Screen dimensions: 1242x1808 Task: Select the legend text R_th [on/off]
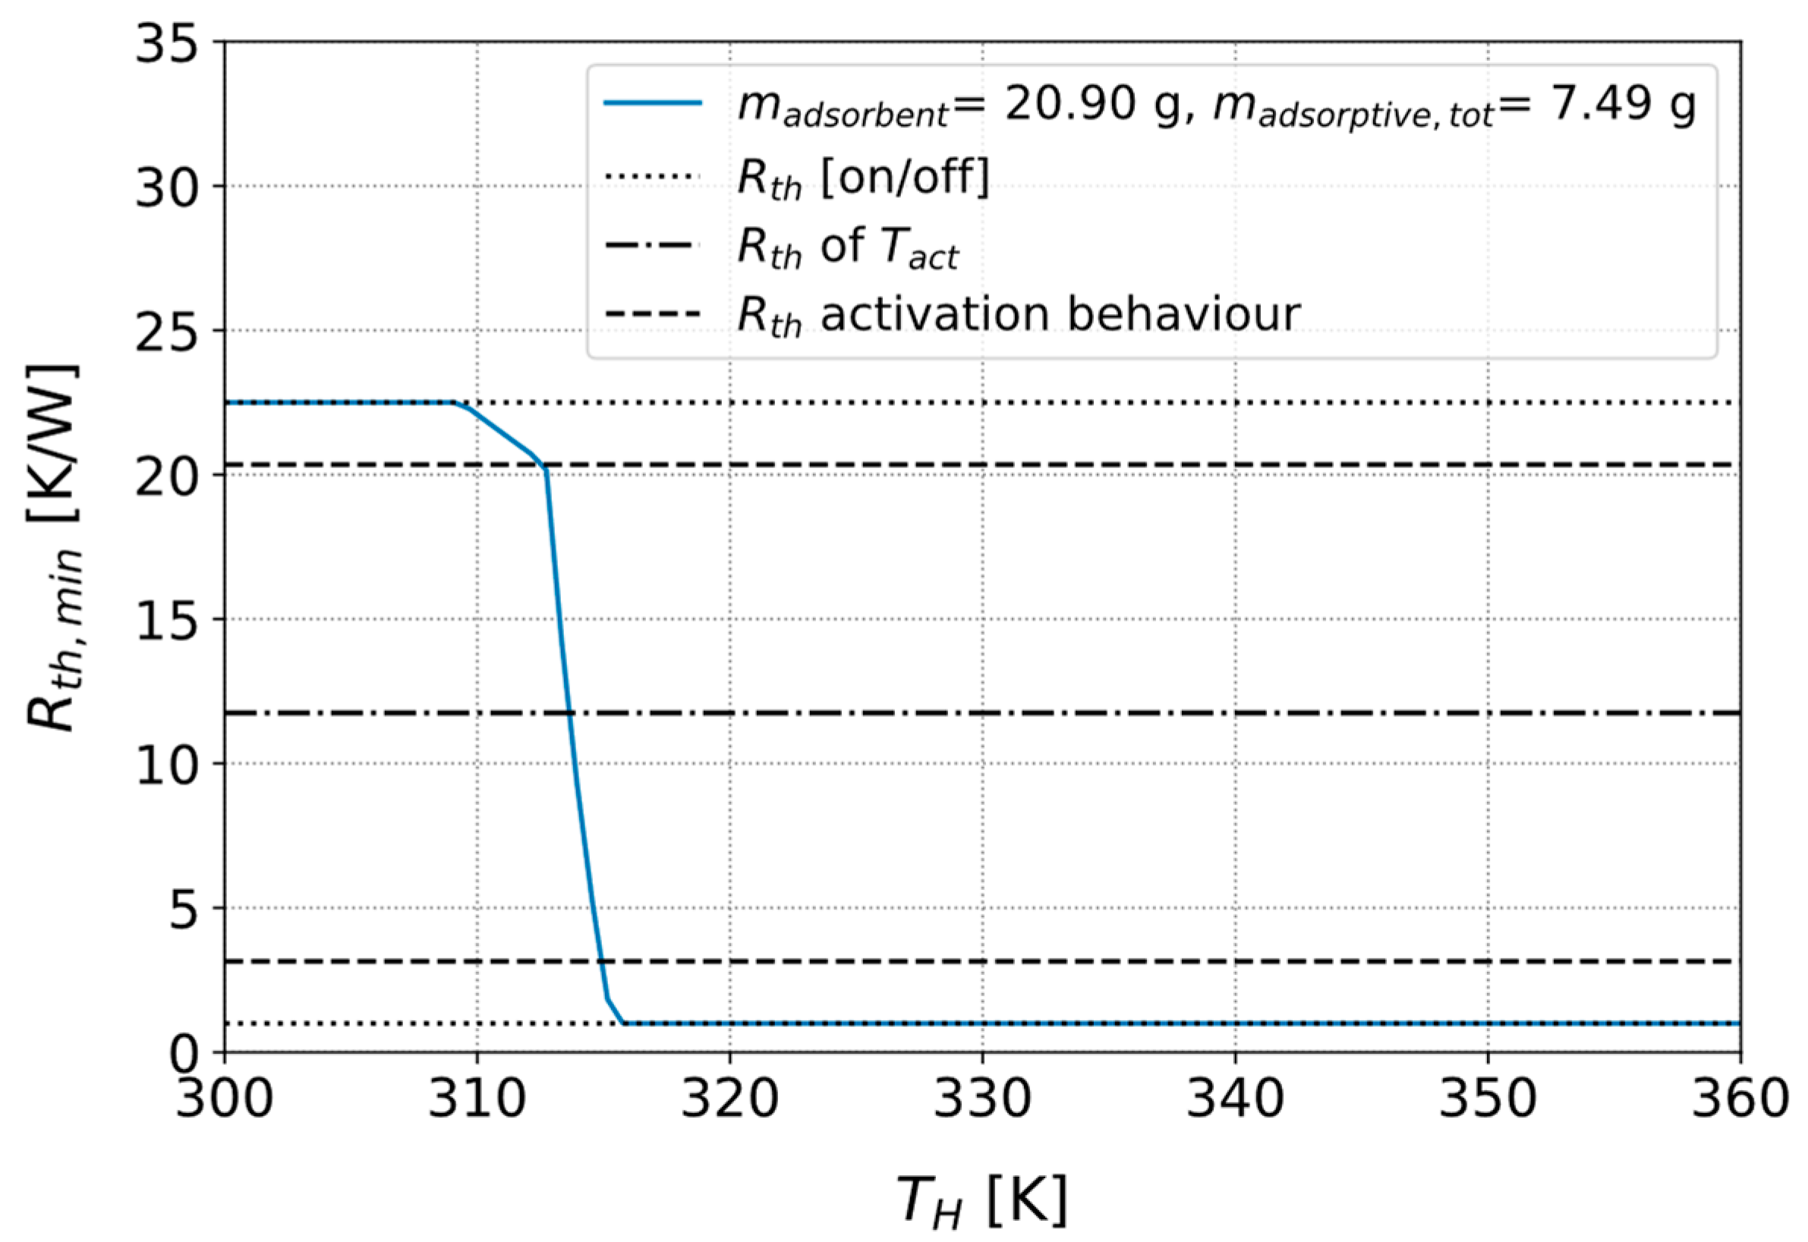(863, 178)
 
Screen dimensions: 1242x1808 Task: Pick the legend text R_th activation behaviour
(1019, 315)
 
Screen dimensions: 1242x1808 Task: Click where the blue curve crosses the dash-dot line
(569, 713)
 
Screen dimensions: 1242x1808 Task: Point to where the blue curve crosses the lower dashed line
(601, 962)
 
